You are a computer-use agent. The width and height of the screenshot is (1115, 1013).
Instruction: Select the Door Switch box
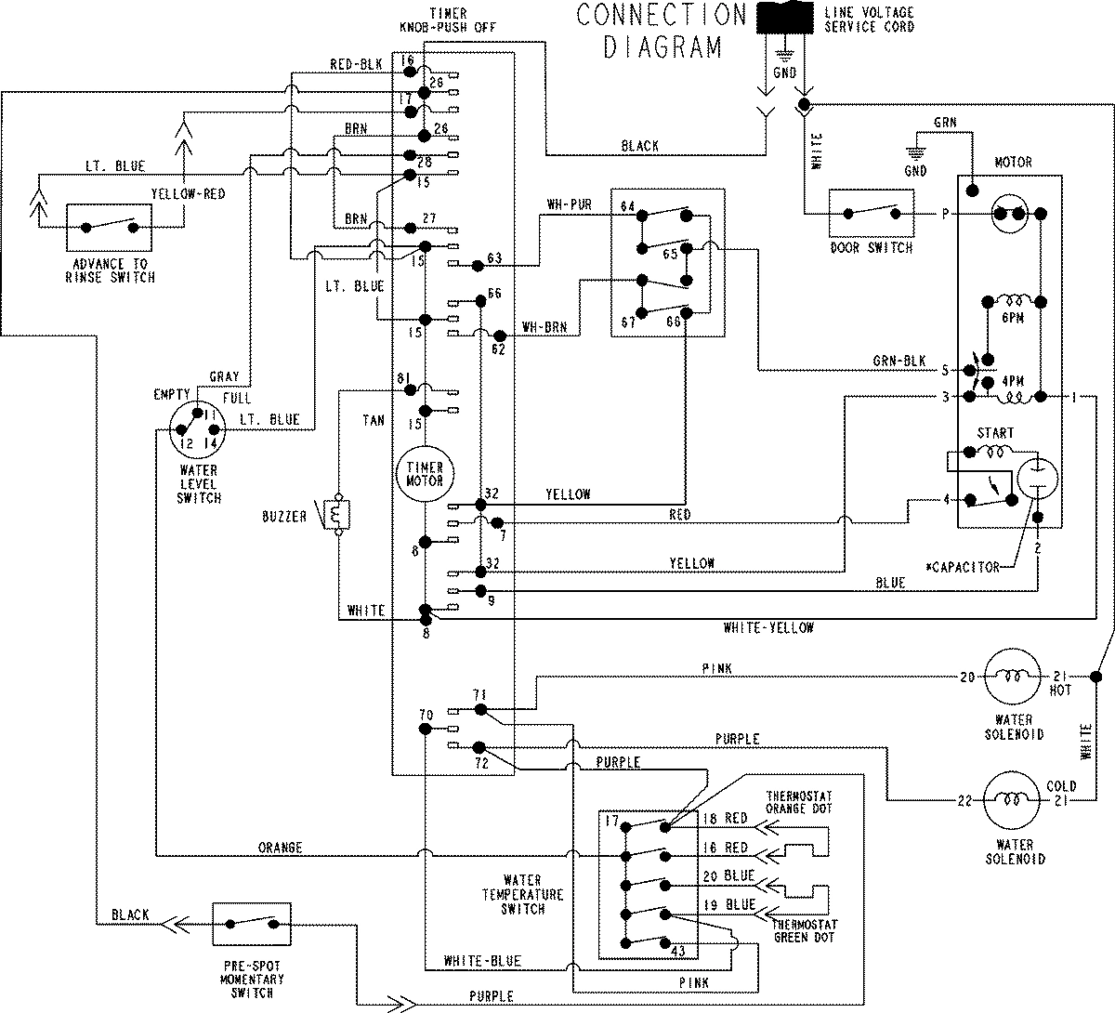coord(871,216)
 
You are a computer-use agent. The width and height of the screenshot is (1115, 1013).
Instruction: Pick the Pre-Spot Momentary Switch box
coord(251,925)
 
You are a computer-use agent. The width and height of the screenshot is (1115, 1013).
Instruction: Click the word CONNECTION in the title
coord(661,16)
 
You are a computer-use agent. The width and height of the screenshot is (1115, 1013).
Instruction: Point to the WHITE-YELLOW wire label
coord(767,628)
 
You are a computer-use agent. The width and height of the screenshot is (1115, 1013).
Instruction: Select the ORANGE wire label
coord(280,847)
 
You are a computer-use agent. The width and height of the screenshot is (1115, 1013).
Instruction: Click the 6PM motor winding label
coord(1012,317)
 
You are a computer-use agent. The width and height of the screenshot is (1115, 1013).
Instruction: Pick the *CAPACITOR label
coord(963,567)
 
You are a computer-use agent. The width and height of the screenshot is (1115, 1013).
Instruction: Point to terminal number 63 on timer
coord(493,257)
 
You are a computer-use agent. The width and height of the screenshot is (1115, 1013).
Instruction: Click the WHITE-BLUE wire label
coord(482,961)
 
